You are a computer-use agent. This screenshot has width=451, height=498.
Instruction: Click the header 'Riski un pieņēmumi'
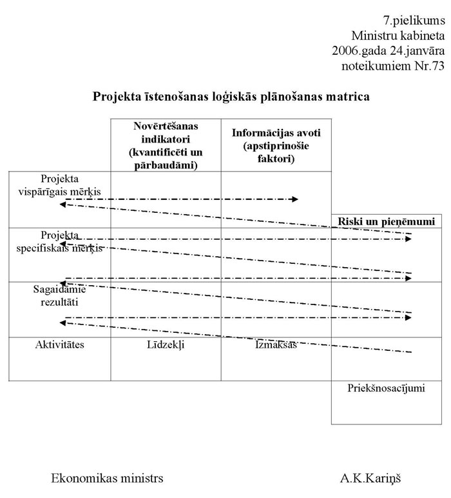point(387,221)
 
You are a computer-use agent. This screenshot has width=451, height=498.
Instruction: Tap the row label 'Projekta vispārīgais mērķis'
point(64,184)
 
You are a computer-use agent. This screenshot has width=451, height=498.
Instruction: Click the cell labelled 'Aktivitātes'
point(59,344)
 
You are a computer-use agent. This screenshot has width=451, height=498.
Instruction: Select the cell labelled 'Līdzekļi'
point(166,345)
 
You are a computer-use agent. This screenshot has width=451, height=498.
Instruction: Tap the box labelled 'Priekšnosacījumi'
point(387,388)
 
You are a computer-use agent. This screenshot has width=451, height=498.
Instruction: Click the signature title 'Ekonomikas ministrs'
point(107,479)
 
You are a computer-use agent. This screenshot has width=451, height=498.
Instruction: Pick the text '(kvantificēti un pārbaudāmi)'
point(166,159)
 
